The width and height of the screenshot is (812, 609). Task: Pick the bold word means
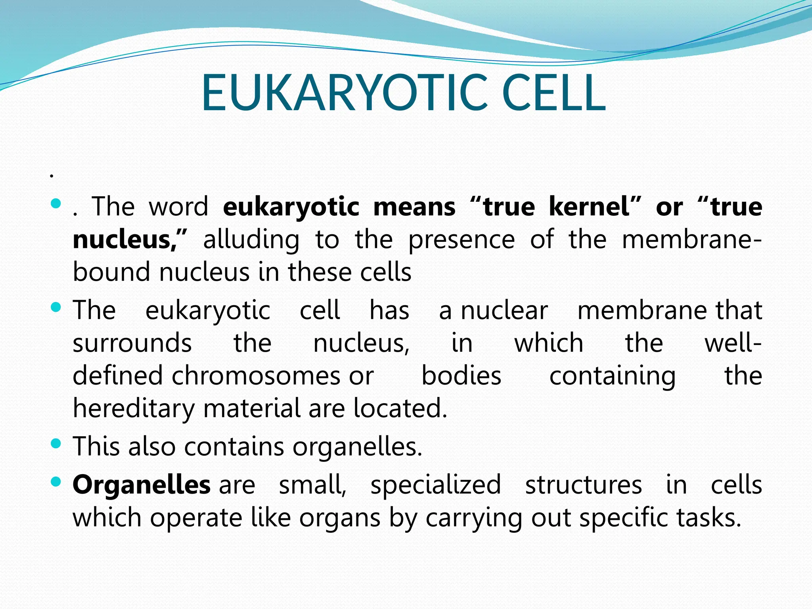414,207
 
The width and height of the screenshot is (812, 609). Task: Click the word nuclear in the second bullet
504,310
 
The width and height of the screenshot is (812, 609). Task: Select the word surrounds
132,343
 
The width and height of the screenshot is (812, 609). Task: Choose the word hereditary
134,409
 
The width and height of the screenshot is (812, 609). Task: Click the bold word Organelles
141,485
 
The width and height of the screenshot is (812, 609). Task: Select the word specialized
436,485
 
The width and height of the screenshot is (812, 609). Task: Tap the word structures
583,485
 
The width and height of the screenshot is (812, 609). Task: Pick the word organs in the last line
340,518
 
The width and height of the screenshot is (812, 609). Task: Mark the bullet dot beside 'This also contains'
56,443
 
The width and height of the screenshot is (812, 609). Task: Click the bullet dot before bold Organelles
56,482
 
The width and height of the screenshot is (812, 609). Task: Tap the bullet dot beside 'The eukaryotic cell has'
56,307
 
